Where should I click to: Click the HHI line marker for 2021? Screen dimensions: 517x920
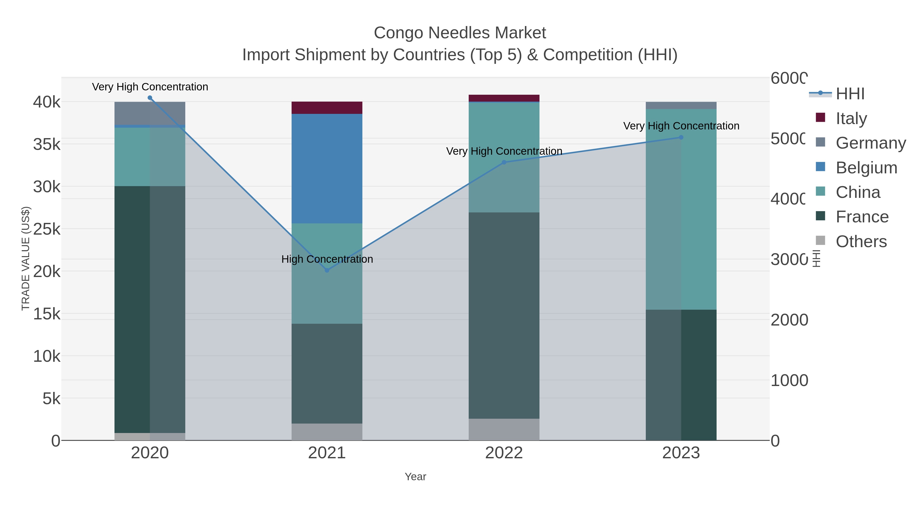click(x=327, y=270)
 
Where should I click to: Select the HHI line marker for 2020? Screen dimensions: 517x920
click(x=150, y=98)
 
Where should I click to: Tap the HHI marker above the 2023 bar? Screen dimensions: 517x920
click(x=681, y=137)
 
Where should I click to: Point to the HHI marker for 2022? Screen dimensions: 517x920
click(x=504, y=162)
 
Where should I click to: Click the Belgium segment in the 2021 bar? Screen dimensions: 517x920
click(x=327, y=169)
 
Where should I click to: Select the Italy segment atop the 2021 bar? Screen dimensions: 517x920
click(x=327, y=108)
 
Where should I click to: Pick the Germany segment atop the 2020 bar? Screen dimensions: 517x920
click(x=150, y=113)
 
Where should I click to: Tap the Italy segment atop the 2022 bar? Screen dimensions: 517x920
click(x=504, y=98)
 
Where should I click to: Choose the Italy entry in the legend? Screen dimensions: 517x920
click(x=851, y=118)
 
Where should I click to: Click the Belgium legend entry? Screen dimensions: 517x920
click(x=866, y=168)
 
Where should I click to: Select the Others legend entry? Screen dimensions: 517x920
click(x=861, y=242)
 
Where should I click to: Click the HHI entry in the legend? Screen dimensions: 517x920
click(x=850, y=94)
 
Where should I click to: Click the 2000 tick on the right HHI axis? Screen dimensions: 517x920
click(x=789, y=320)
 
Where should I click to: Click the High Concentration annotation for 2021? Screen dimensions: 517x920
click(x=327, y=259)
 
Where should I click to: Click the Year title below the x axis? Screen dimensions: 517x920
click(x=415, y=477)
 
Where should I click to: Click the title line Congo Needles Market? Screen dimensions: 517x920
click(x=460, y=33)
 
